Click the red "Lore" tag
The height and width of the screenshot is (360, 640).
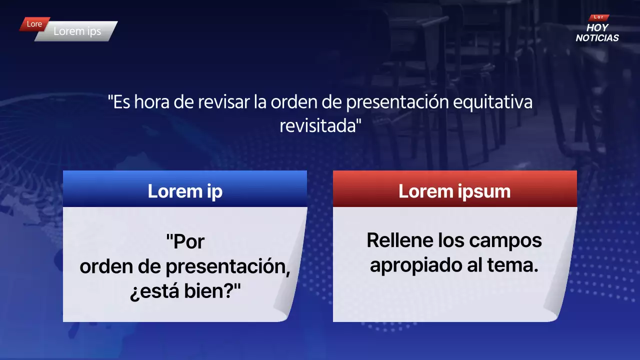coord(34,24)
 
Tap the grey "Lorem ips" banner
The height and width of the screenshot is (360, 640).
coord(77,31)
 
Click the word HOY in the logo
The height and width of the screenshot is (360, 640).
coord(597,28)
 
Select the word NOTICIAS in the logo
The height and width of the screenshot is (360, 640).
coord(597,38)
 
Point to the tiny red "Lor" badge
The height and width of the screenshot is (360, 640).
coord(598,17)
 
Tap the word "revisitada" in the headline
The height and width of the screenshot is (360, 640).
coord(320,125)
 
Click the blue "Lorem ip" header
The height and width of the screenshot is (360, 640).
coord(185,191)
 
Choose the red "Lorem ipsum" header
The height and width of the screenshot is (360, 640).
coord(454,191)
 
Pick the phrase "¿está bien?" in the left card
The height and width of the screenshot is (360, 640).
coord(185,291)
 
